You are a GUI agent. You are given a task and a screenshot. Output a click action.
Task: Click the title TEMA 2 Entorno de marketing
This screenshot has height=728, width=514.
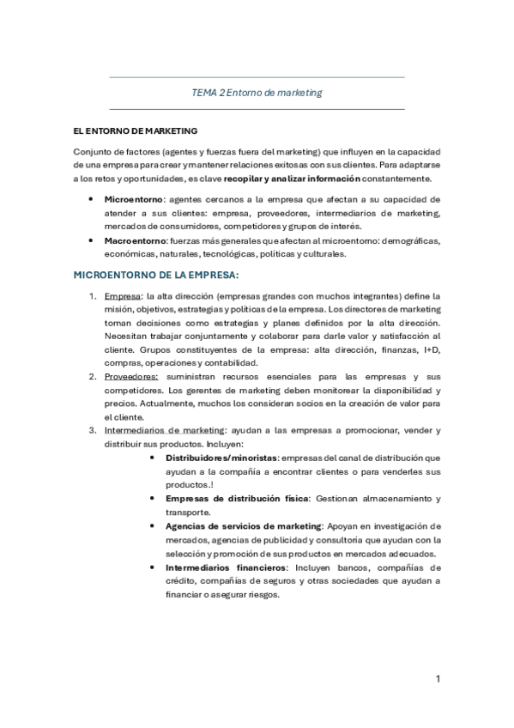257,93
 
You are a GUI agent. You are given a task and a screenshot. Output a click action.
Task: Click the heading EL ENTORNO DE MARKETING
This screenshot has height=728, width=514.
136,130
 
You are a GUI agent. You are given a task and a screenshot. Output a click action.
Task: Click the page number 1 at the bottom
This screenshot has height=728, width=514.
437,680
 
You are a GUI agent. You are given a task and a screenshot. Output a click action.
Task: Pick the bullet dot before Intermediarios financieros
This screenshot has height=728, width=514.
152,567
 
